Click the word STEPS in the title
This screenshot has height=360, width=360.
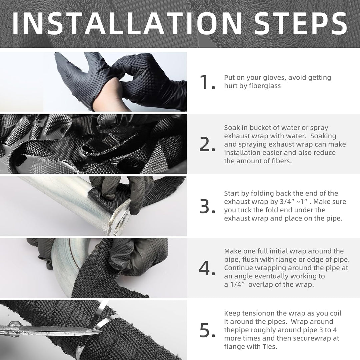tap(300, 24)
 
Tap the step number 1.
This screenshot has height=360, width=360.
tap(207, 82)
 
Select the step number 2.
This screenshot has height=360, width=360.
tap(207, 144)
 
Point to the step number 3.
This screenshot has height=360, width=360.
tap(207, 206)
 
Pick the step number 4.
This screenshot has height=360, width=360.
tap(207, 268)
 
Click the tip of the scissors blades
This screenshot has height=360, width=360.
tap(101, 331)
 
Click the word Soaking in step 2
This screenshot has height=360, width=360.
tap(323, 136)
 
